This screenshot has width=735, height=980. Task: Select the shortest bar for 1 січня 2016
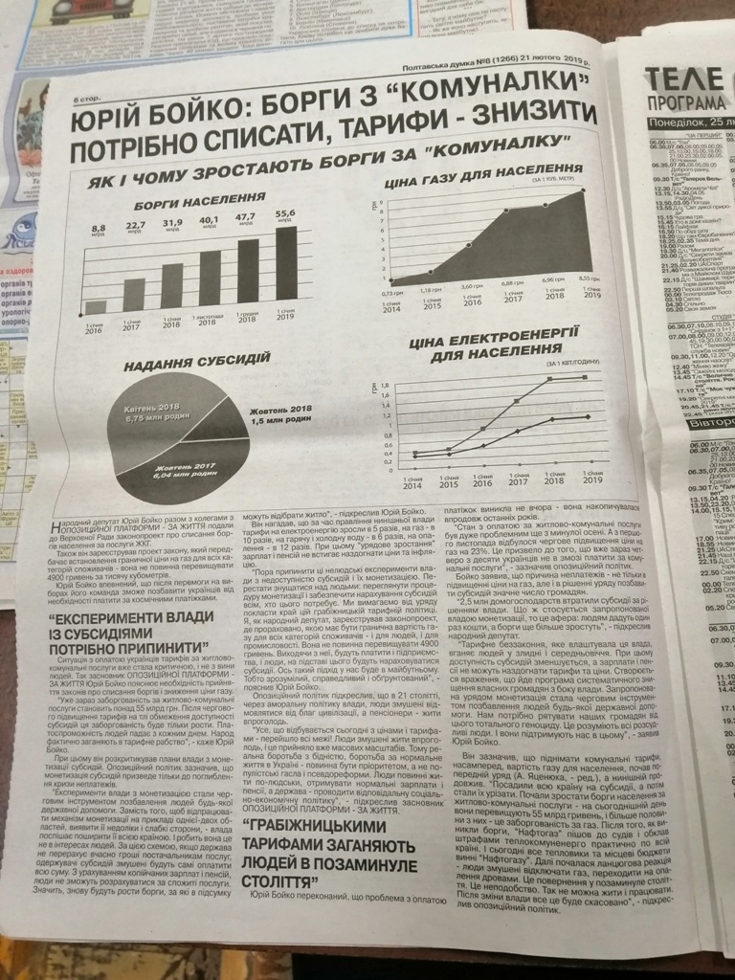coord(96,307)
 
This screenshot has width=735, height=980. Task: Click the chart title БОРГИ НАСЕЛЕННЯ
coord(172,204)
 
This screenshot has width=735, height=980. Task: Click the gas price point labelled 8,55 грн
coord(583,191)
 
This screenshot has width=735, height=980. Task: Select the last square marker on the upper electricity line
coord(585,378)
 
